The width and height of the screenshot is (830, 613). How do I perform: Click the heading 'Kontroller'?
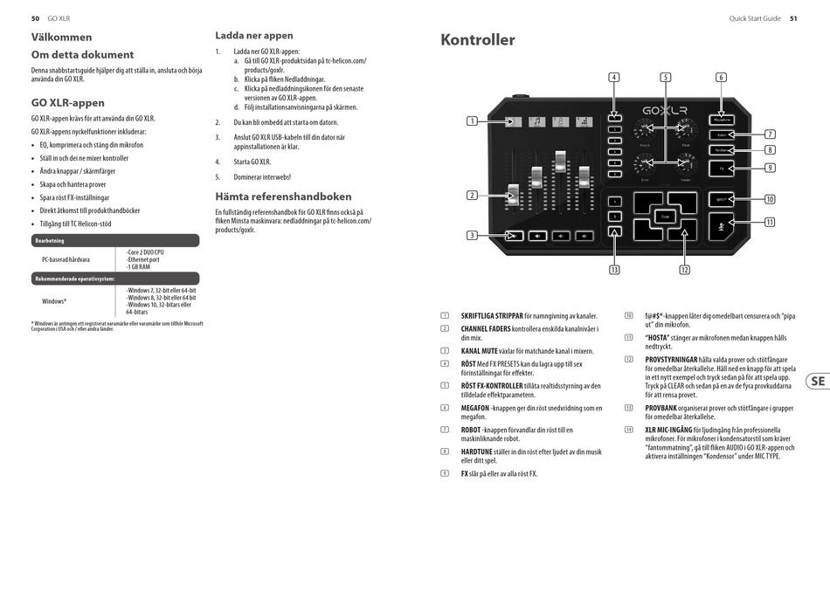point(478,40)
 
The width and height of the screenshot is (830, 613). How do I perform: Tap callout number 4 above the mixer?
point(614,78)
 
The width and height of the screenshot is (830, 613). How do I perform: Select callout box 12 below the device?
point(684,270)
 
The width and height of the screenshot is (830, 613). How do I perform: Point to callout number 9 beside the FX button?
point(770,168)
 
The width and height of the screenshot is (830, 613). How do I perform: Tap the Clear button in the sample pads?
point(666,216)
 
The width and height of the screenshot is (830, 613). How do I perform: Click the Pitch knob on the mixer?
point(685,132)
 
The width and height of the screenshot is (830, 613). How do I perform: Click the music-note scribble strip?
point(536,121)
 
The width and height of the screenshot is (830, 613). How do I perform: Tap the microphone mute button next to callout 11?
point(721,226)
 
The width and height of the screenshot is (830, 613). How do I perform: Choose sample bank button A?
point(614,202)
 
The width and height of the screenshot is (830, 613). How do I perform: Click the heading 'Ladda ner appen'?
point(254,36)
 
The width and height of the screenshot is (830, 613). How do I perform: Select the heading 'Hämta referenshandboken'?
point(284,196)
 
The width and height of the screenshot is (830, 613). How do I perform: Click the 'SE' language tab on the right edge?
point(817,381)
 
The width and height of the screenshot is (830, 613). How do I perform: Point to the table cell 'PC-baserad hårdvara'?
point(66,259)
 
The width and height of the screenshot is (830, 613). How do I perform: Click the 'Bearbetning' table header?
point(49,240)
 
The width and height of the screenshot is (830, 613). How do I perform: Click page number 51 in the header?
point(793,17)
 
